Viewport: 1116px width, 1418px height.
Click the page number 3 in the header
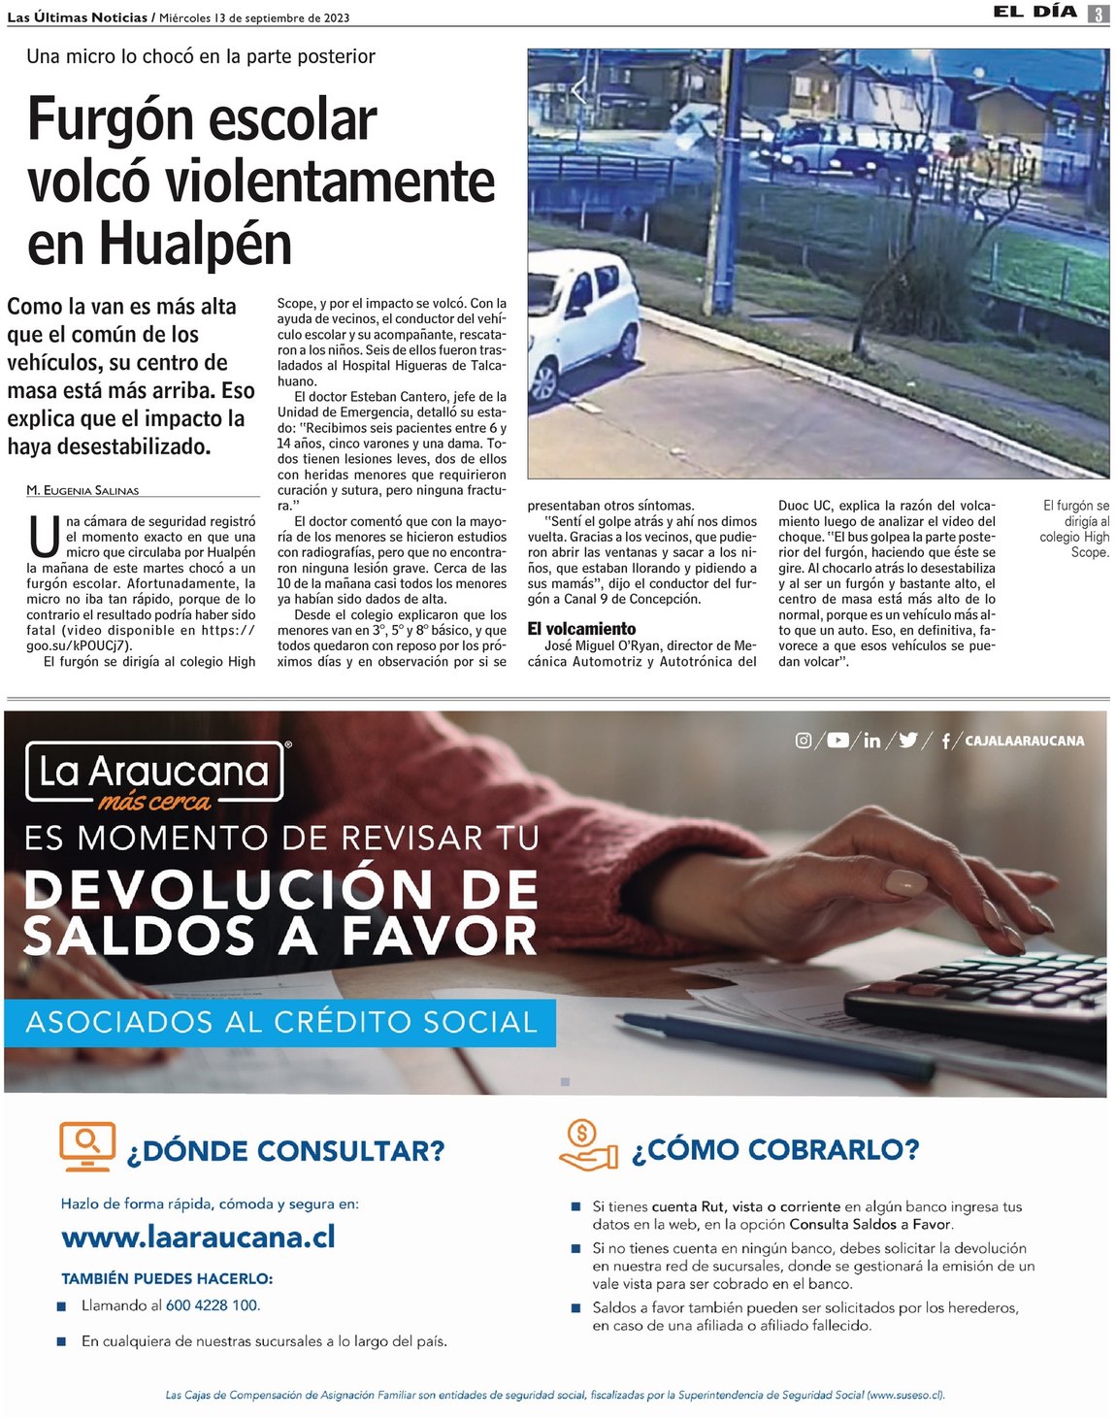1099,14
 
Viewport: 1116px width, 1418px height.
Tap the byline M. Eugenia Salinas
82,490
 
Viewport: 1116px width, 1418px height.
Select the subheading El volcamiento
581,629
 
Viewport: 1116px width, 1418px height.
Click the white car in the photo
581,323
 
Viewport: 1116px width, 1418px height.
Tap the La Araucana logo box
155,773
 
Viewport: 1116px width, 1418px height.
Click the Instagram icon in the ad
804,741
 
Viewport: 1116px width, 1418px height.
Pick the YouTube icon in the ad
837,741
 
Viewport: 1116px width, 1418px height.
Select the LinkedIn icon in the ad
871,741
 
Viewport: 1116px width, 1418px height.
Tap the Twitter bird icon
908,741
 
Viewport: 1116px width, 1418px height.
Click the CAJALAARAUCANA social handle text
1024,741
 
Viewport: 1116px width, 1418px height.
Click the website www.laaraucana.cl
198,1237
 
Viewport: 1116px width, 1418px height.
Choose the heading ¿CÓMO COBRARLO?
774,1150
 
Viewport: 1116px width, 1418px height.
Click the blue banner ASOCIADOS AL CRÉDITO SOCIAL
280,1022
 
